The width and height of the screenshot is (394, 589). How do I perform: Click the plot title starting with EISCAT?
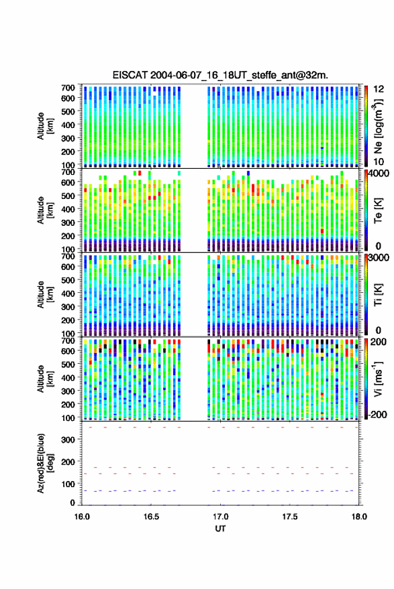pos(220,75)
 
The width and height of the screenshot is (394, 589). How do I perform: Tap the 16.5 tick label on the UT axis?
pos(151,517)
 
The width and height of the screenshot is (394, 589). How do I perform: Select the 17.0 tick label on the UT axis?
pos(221,517)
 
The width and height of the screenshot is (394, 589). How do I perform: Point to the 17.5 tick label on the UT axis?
pos(290,517)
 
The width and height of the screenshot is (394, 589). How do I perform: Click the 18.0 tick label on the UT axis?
pos(359,517)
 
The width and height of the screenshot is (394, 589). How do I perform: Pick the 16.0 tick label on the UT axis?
pos(82,517)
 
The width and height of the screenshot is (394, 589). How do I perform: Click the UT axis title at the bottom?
pos(220,529)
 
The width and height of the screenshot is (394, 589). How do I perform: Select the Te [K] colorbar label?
pos(378,210)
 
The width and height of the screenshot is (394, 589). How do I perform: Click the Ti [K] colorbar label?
pos(378,296)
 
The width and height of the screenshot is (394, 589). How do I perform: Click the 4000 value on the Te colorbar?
pos(379,174)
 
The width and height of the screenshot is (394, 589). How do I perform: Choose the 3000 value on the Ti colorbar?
pos(379,258)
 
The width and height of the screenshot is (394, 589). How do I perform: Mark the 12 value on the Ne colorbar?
pos(379,89)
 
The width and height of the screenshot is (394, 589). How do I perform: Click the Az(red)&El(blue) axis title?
pos(46,464)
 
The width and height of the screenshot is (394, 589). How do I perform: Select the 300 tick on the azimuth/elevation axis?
pos(68,440)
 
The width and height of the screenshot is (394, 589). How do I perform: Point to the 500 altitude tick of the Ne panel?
pos(68,111)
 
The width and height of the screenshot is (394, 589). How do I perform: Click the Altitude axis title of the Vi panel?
pos(45,379)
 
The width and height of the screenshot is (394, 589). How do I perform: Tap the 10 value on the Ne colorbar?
pos(379,162)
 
